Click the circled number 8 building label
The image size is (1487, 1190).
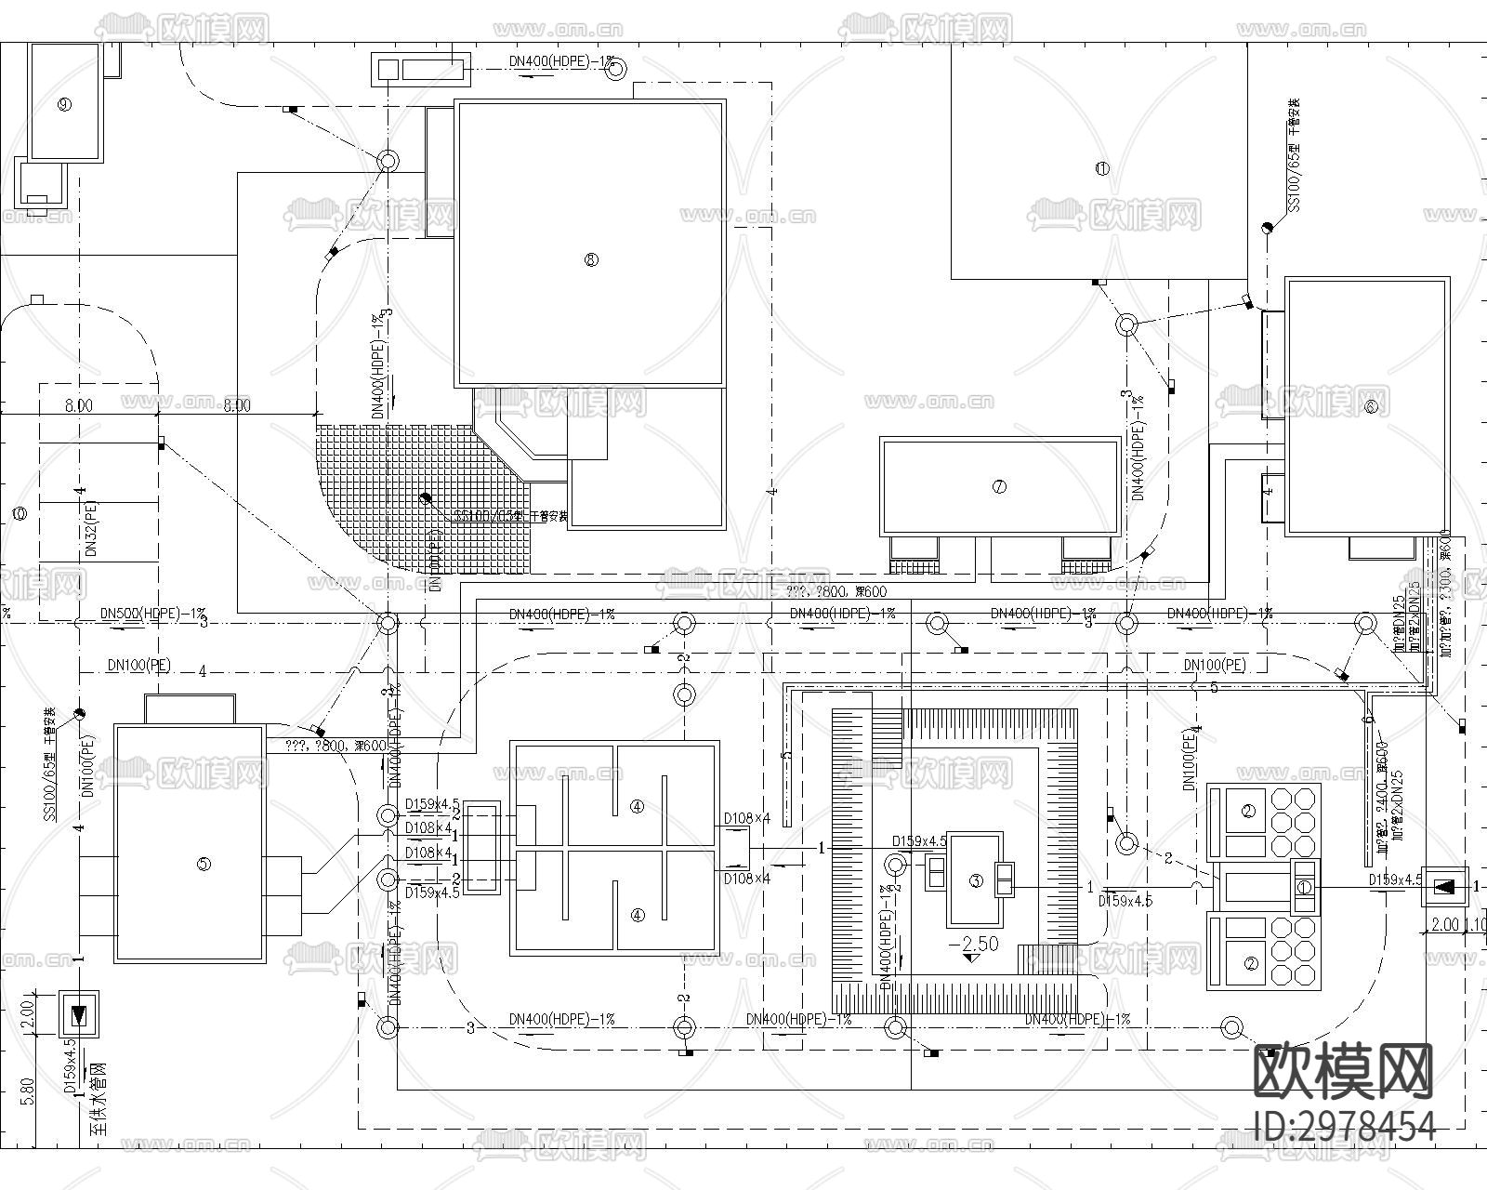pyautogui.click(x=591, y=259)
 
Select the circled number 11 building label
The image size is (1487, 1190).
pyautogui.click(x=1102, y=168)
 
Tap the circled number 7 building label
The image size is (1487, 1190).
pyautogui.click(x=999, y=486)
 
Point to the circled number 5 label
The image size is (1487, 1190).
pyautogui.click(x=204, y=864)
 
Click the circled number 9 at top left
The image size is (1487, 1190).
pyautogui.click(x=63, y=104)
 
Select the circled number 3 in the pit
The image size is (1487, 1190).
pyautogui.click(x=975, y=880)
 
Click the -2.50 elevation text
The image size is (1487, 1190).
pyautogui.click(x=973, y=944)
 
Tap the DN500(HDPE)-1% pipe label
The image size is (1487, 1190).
pyautogui.click(x=153, y=615)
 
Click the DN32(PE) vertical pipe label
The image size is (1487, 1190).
pyautogui.click(x=91, y=530)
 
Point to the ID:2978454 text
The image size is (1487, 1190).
pyautogui.click(x=1344, y=1126)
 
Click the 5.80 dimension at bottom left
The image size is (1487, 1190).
pyautogui.click(x=27, y=1091)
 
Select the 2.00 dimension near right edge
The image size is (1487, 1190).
pyautogui.click(x=1444, y=925)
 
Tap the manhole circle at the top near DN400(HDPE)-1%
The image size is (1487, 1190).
pyautogui.click(x=615, y=69)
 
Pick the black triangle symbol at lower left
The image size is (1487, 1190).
pyautogui.click(x=79, y=1014)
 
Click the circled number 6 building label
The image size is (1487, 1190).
pyautogui.click(x=1371, y=406)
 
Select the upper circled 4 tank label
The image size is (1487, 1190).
pyautogui.click(x=637, y=806)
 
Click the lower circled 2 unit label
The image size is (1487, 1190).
pyautogui.click(x=1250, y=964)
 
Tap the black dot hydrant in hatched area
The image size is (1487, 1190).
pyautogui.click(x=426, y=497)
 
